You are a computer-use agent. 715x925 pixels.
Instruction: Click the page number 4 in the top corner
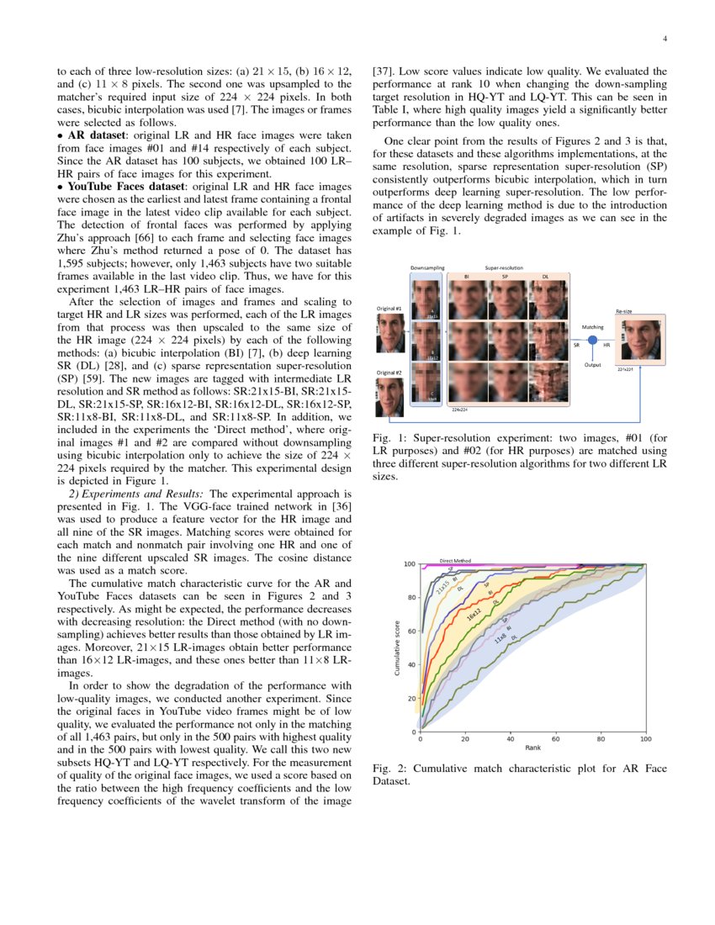pos(665,39)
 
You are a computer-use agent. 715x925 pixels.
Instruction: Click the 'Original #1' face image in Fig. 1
pos(391,332)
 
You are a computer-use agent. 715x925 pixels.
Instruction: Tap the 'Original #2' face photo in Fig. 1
pos(391,397)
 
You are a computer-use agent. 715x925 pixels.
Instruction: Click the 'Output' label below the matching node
pos(592,364)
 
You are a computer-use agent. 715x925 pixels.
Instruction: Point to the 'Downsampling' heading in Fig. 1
pos(427,268)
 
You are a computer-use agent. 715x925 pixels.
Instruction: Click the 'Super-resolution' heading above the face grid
pos(503,268)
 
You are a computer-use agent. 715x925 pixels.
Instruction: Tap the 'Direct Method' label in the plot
pos(456,560)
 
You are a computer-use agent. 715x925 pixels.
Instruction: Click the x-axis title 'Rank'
pos(532,748)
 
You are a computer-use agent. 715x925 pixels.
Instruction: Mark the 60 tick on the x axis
pos(556,738)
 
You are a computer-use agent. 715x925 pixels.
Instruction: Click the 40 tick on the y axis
pos(411,664)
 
